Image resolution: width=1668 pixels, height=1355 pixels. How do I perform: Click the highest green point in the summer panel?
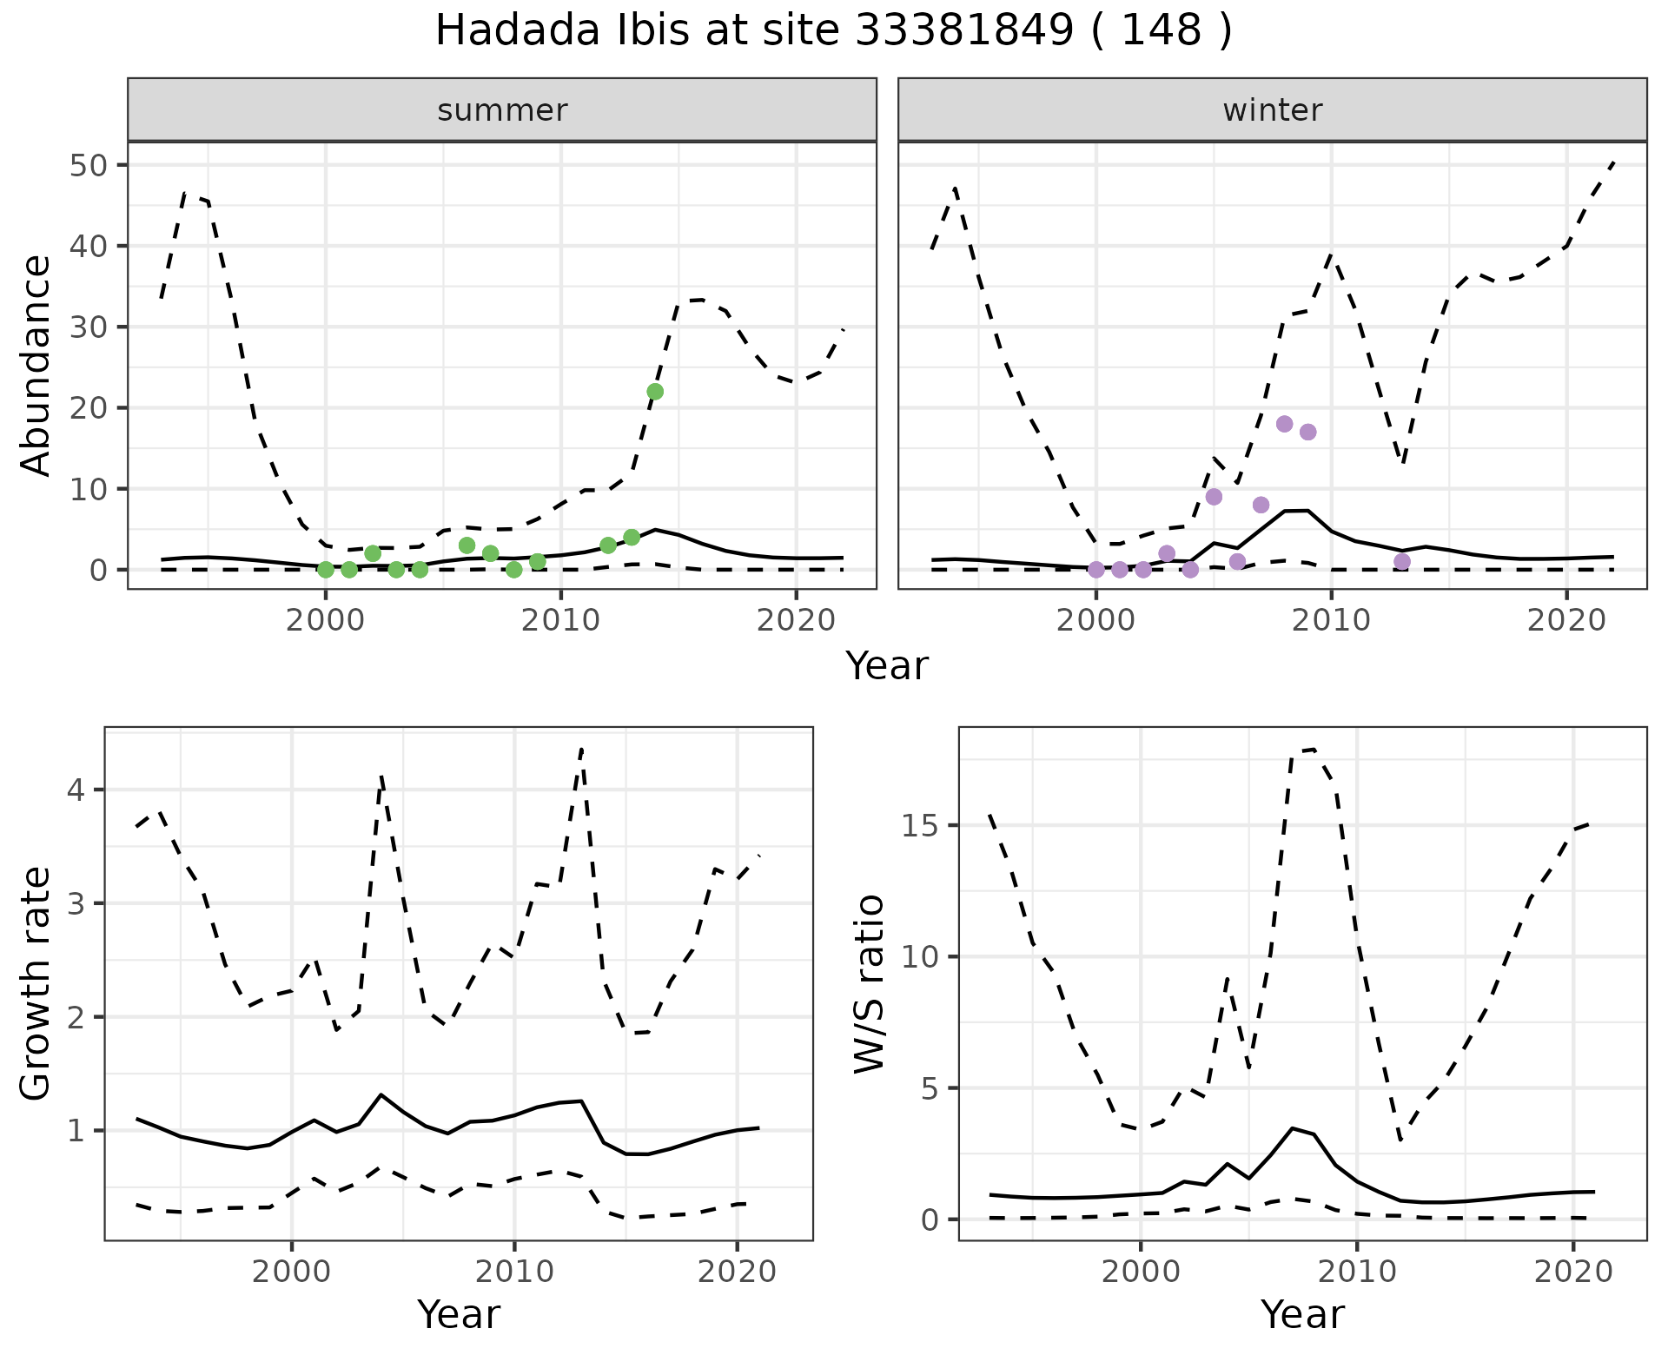(655, 392)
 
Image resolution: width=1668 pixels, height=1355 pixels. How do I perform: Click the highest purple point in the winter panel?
(1285, 424)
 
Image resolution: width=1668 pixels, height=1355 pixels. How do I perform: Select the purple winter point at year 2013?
(1402, 561)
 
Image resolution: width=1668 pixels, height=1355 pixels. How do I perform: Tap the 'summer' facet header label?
(502, 110)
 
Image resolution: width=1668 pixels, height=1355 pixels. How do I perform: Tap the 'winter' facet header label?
(1273, 110)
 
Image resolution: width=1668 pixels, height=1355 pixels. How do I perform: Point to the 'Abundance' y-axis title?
(36, 365)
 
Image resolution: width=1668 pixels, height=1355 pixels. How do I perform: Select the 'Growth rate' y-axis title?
(36, 984)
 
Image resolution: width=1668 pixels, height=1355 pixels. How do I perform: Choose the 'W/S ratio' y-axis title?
(869, 984)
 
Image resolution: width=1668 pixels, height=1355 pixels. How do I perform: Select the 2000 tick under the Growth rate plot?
(292, 1272)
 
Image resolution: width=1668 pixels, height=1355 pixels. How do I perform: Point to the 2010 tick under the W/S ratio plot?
(1356, 1272)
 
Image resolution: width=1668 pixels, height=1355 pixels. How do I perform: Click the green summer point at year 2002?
(373, 553)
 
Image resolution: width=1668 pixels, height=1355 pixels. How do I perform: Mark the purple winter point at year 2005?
(1215, 497)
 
